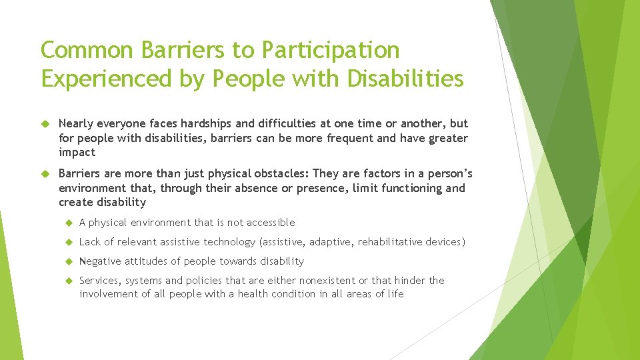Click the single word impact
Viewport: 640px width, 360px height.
[x=77, y=152]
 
